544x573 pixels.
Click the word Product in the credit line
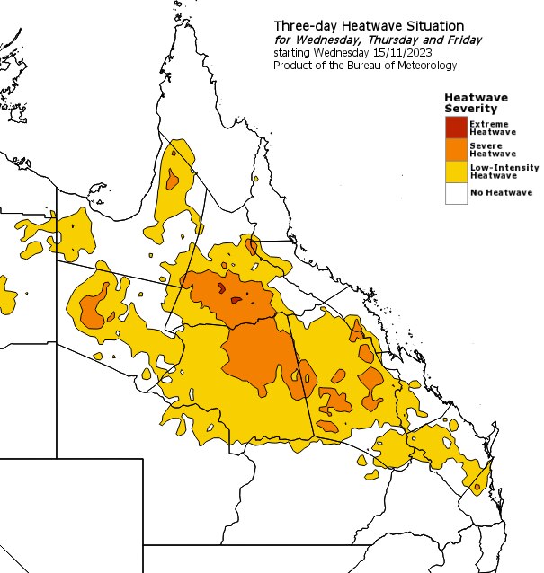coord(292,66)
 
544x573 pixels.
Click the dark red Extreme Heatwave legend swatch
coord(456,127)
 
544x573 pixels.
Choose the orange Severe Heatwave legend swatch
coord(456,148)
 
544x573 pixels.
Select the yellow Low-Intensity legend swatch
coord(456,171)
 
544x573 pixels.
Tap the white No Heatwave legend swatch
coord(456,193)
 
